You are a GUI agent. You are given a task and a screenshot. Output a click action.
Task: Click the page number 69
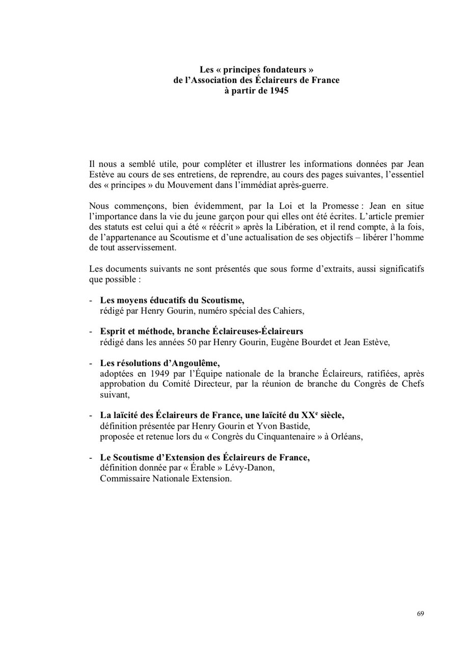[x=420, y=614]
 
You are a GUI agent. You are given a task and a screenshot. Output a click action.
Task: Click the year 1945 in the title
[x=279, y=91]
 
